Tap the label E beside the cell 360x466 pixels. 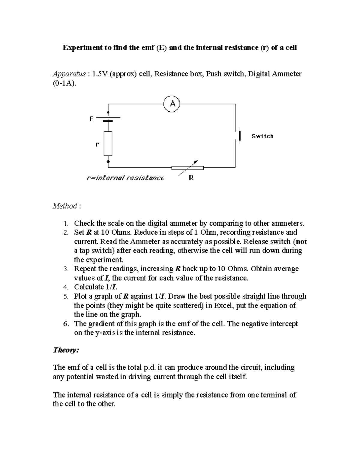(91, 119)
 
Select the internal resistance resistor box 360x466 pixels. (108, 143)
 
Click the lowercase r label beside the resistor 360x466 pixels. (97, 144)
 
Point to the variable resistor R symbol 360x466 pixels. (187, 167)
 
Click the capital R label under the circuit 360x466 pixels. (191, 178)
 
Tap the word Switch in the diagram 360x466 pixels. (262, 136)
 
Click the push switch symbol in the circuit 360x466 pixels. (239, 136)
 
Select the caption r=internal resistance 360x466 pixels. (124, 178)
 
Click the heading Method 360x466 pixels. (65, 206)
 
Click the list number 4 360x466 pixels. (66, 287)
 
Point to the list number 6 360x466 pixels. (66, 324)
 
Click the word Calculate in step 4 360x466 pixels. (89, 287)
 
